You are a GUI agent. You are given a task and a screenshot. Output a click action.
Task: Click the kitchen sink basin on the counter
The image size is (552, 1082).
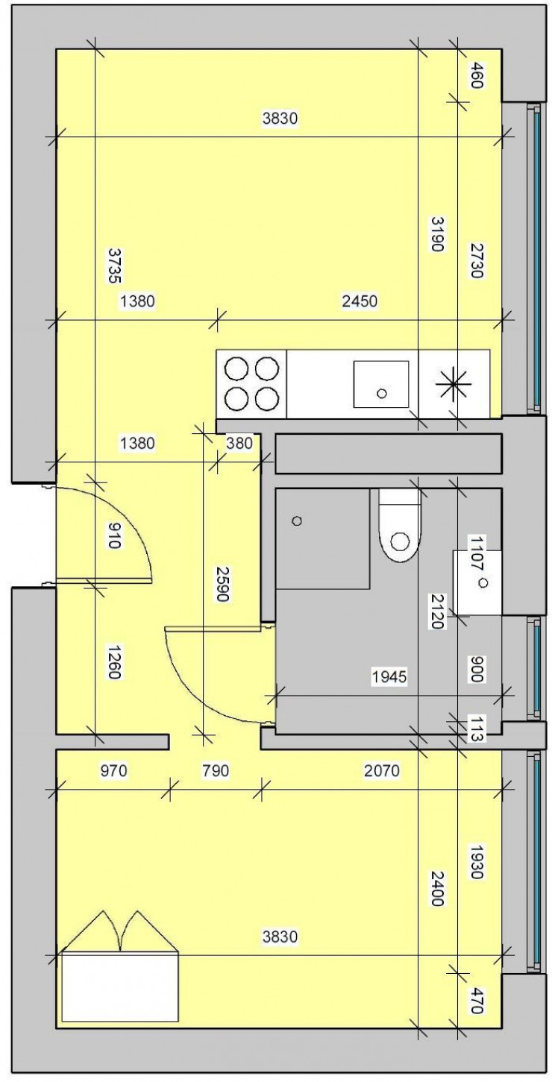coord(380,383)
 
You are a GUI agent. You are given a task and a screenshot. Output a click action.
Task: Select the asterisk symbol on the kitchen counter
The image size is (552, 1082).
coord(454,384)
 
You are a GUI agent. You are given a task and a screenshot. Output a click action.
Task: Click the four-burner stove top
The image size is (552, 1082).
coord(251,383)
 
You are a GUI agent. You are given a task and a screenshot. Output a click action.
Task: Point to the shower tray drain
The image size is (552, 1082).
coord(298,521)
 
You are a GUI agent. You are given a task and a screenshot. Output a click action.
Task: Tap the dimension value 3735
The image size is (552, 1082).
coord(113,265)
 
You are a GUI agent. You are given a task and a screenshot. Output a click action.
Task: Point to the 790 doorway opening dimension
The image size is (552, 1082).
coord(216,769)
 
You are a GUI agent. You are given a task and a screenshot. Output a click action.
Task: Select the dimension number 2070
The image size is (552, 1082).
coord(382,769)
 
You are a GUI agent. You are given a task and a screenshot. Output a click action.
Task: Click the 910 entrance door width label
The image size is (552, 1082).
coord(113,534)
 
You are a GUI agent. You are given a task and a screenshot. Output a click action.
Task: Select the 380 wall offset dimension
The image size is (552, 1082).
coord(239,443)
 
